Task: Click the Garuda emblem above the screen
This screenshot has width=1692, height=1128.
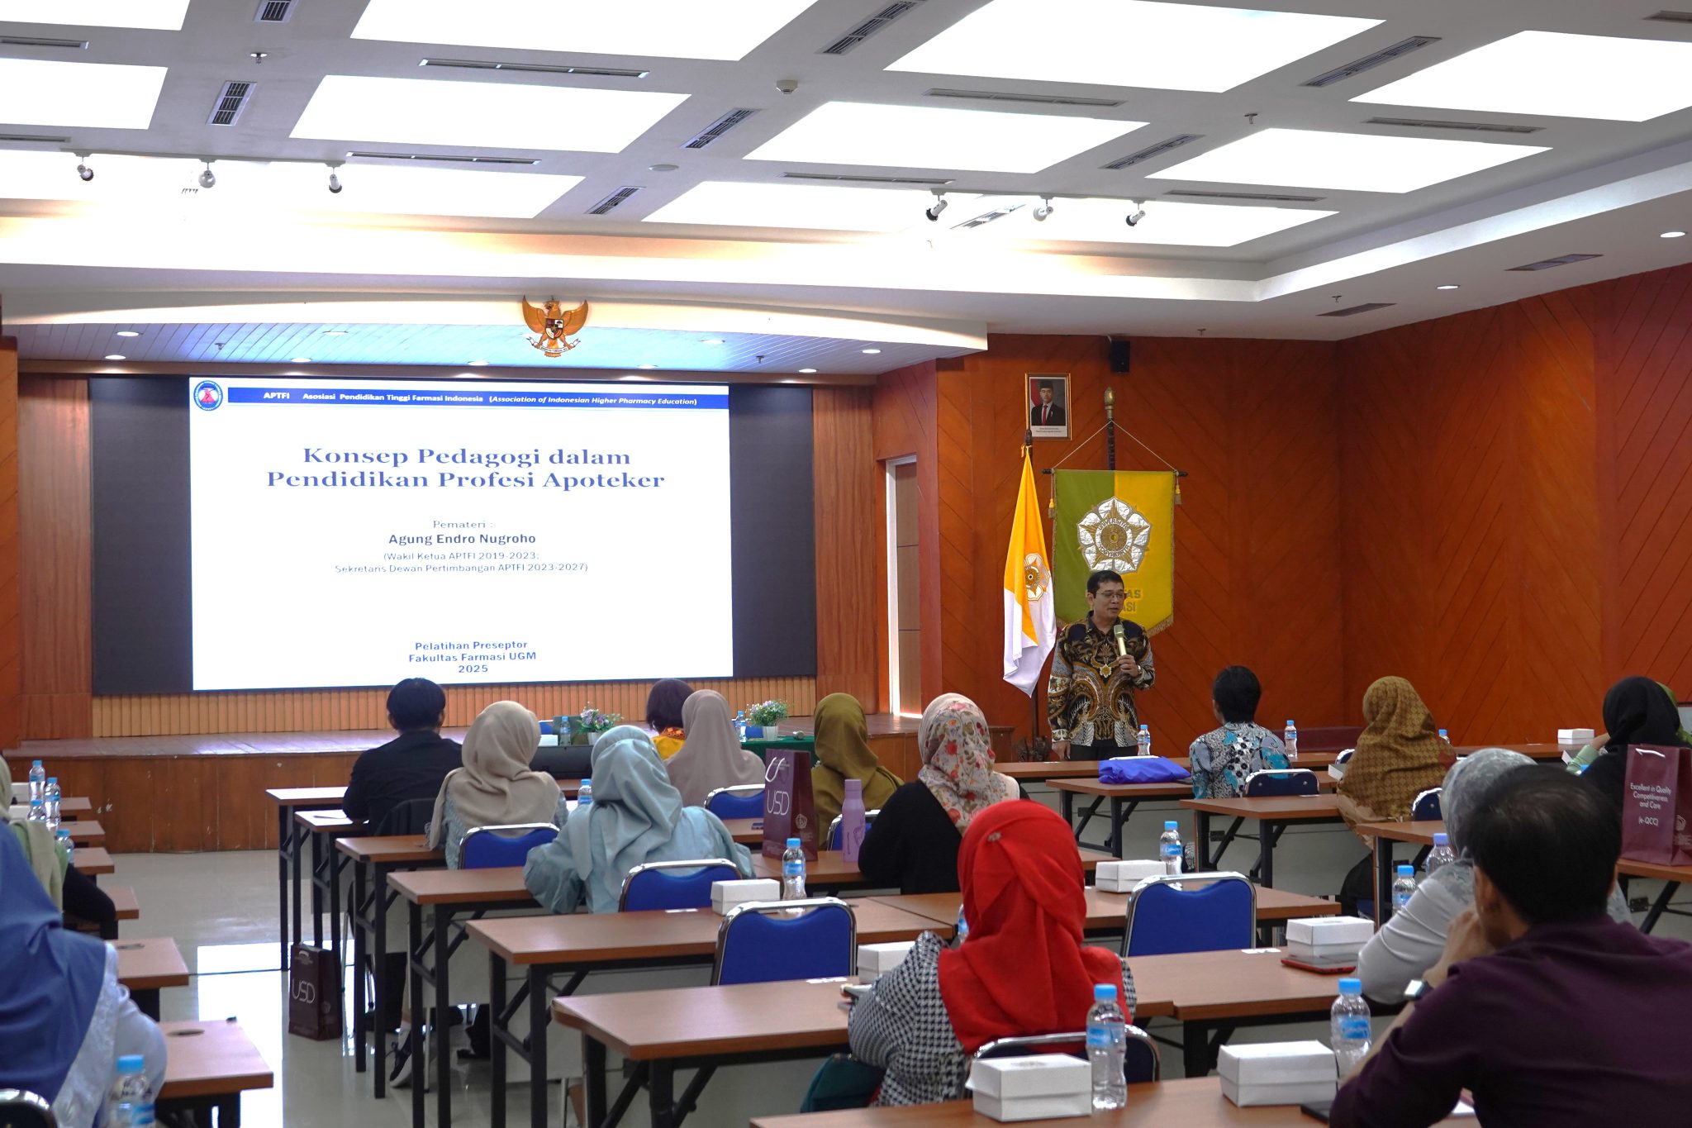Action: click(x=554, y=326)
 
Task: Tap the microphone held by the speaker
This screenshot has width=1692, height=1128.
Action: click(x=1119, y=637)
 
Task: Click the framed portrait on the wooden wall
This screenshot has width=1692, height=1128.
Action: click(x=1048, y=406)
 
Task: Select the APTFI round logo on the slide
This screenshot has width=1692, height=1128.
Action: click(x=208, y=396)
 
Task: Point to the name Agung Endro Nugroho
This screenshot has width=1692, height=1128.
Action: click(x=462, y=539)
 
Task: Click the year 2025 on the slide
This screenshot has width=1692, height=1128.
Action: click(x=473, y=669)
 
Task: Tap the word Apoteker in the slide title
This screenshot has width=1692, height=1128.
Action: click(x=603, y=480)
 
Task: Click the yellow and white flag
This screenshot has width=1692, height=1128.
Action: click(x=1027, y=578)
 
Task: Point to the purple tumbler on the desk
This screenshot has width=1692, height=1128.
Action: click(x=853, y=818)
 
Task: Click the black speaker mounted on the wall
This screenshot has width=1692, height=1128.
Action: click(x=1119, y=355)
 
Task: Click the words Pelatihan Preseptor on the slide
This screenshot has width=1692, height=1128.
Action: click(x=471, y=645)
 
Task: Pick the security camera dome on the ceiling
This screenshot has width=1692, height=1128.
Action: click(x=787, y=86)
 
